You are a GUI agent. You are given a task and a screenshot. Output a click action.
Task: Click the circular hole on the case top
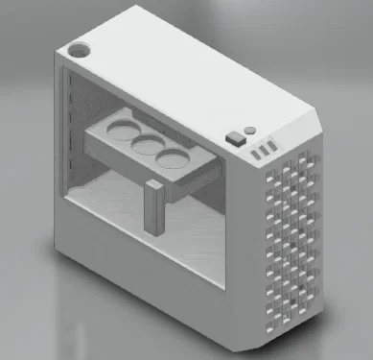80,47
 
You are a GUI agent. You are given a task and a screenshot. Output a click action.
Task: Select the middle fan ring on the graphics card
146,142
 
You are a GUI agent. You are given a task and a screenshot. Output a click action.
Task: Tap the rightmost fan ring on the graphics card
172,156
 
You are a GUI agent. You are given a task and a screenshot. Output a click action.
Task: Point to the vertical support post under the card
152,206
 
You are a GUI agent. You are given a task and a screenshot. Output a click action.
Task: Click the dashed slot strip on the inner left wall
69,134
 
